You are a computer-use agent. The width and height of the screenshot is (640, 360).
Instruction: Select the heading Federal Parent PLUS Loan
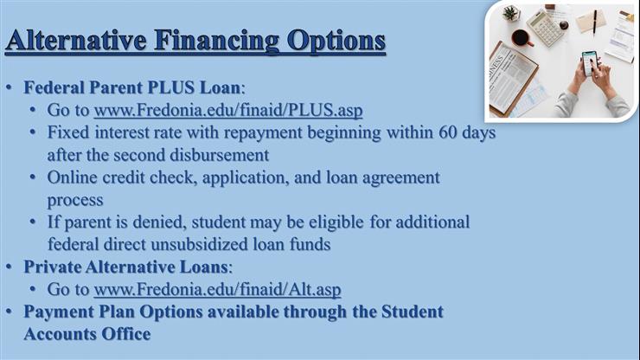tap(133, 88)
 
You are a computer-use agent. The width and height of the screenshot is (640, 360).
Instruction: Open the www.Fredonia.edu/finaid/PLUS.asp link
tap(228, 111)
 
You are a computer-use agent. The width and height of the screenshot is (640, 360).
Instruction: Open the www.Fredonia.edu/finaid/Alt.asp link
tap(217, 289)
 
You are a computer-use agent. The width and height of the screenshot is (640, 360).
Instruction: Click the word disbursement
tap(215, 156)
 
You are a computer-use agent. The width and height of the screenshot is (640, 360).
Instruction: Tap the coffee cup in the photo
tap(521, 37)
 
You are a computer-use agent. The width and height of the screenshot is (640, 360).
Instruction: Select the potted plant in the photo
tap(510, 12)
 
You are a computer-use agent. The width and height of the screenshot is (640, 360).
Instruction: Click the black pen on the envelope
tap(594, 21)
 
